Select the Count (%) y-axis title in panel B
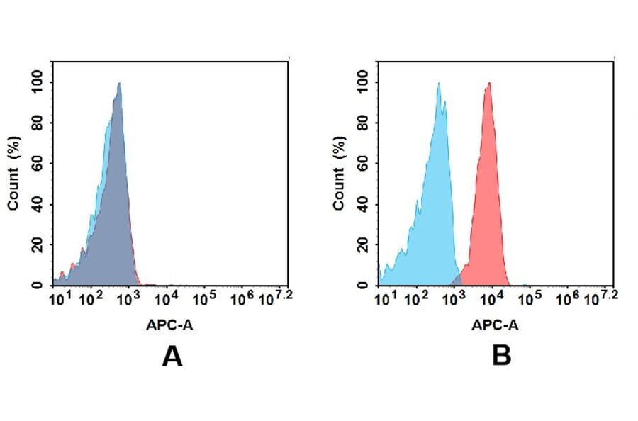pos(340,173)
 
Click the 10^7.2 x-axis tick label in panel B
pos(604,297)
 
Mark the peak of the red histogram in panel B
pos(488,84)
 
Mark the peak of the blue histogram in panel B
pos(439,84)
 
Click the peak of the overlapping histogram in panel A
pos(119,84)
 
